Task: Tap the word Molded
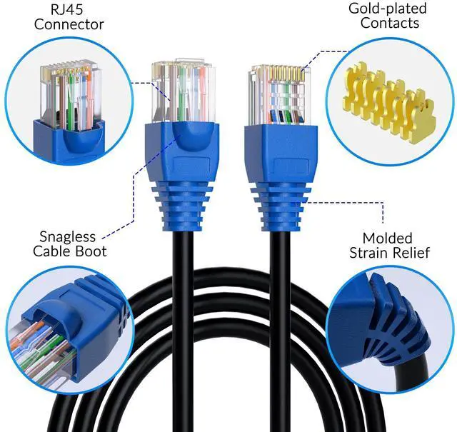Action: click(387, 238)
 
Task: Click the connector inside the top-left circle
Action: click(68, 100)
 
